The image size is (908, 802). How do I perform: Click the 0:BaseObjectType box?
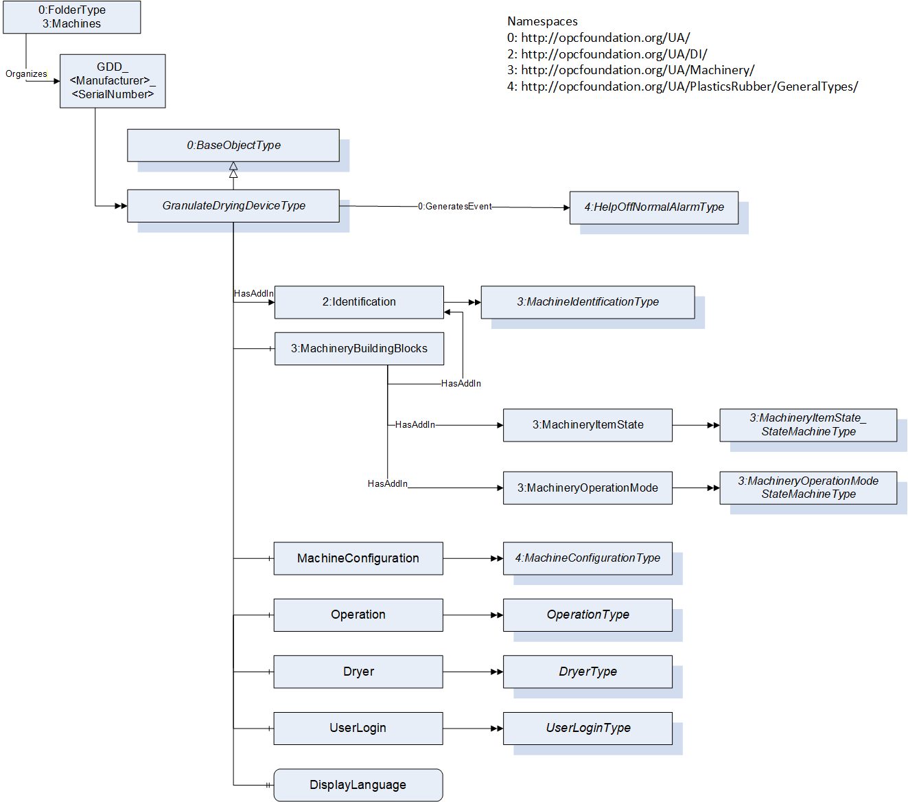[233, 146]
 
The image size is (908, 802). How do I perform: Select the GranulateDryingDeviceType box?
[233, 206]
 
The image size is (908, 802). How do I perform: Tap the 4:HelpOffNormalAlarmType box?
[654, 207]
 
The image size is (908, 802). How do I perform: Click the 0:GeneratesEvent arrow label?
[454, 206]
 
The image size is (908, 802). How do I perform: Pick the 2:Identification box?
[359, 302]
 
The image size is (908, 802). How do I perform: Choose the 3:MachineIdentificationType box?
[587, 302]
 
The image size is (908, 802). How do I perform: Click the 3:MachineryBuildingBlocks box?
[359, 349]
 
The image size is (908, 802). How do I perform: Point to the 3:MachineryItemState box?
[587, 425]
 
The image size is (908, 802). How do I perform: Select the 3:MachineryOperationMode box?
[587, 488]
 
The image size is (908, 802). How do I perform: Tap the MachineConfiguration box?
[358, 558]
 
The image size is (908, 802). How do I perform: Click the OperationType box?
[587, 615]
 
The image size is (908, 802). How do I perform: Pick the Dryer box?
[358, 672]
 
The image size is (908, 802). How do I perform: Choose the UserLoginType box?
[587, 729]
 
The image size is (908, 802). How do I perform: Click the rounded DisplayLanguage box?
[358, 785]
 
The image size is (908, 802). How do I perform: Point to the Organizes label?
[26, 74]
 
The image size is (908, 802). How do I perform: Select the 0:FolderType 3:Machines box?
[71, 17]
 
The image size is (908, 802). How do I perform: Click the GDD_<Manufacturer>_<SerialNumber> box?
[113, 81]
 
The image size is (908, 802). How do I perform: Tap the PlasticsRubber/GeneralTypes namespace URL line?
[682, 87]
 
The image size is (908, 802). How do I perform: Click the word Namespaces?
[542, 21]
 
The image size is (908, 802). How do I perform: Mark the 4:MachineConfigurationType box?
[587, 558]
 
